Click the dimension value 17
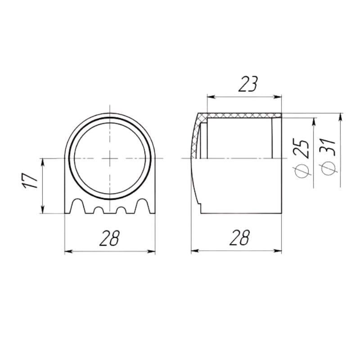(x=30, y=181)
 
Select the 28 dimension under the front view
(x=109, y=238)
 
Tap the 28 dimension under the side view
(x=238, y=238)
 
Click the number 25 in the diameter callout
(x=303, y=148)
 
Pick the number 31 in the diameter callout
(x=329, y=147)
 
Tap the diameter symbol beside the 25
(x=303, y=170)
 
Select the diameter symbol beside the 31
(x=329, y=168)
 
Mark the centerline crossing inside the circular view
(x=109, y=158)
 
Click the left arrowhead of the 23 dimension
(x=210, y=96)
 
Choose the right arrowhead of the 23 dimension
(x=278, y=96)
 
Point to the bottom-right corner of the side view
(x=281, y=213)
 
